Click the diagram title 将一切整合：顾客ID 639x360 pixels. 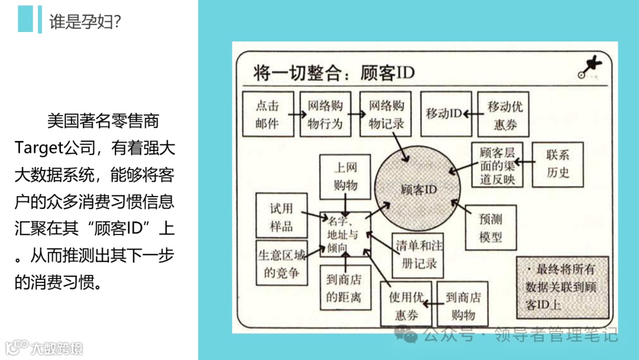[334, 73]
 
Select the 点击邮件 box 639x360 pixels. [267, 114]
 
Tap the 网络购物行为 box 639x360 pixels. [325, 114]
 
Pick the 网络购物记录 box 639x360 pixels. [386, 114]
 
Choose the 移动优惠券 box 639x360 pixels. [504, 114]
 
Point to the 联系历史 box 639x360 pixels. [557, 164]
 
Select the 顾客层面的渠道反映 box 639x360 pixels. [497, 165]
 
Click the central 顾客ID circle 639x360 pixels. [418, 189]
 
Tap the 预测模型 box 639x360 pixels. [490, 228]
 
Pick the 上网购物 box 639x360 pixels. [346, 176]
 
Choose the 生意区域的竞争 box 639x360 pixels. [282, 263]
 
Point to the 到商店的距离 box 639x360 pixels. [343, 287]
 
